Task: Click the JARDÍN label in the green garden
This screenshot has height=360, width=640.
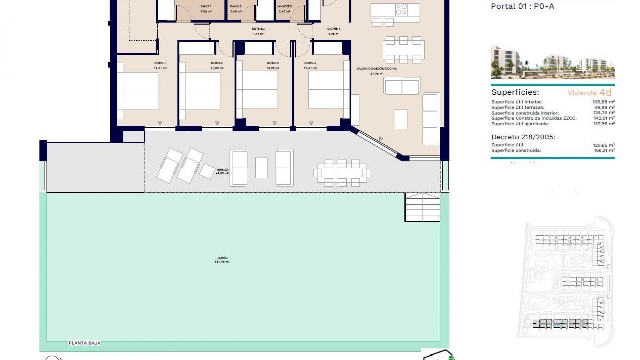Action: point(222,258)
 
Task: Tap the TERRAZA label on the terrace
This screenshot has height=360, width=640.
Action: point(222,170)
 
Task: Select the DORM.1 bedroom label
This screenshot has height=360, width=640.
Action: point(160,63)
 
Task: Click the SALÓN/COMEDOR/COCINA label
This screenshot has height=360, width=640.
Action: point(377,68)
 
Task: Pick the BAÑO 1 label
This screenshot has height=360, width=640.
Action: point(206,6)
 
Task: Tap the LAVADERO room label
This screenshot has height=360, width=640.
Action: point(284,6)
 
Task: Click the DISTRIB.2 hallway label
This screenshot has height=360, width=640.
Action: point(258,29)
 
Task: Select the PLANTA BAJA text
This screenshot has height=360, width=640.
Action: point(84,343)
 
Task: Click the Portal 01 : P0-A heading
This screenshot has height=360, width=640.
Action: point(522,6)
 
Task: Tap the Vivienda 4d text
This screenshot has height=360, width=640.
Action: point(589,93)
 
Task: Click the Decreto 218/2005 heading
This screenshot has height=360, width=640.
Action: point(523,137)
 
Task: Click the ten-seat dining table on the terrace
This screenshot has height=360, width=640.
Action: point(342,173)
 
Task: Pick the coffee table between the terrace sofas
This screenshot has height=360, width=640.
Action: point(261,168)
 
